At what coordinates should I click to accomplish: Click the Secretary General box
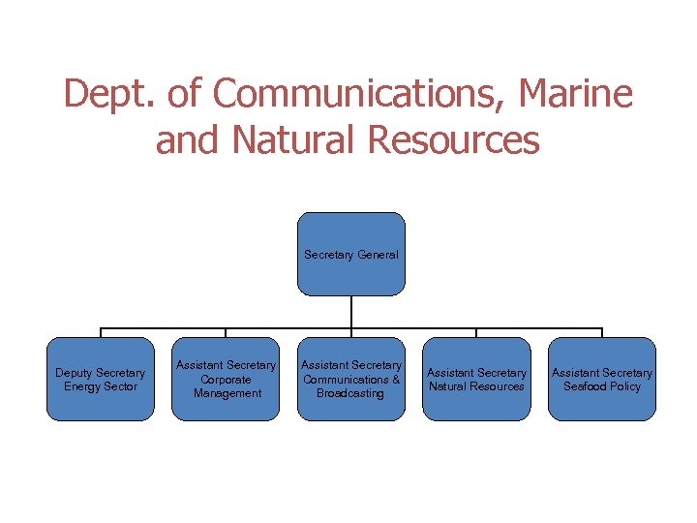(x=350, y=254)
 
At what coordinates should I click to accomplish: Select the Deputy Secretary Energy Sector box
(x=100, y=379)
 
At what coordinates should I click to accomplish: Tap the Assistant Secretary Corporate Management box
(x=226, y=379)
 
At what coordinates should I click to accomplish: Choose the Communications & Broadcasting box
(x=350, y=379)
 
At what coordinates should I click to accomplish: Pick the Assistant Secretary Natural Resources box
(x=476, y=379)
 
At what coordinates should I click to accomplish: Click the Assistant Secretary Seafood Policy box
(x=601, y=379)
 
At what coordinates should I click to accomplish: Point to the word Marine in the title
(x=576, y=95)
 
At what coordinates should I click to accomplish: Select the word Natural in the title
(x=295, y=140)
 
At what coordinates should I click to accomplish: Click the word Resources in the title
(x=454, y=140)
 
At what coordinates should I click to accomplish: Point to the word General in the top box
(x=378, y=255)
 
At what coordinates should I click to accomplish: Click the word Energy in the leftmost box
(x=81, y=386)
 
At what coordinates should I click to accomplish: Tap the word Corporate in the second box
(x=227, y=380)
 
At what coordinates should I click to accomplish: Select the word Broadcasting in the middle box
(x=350, y=393)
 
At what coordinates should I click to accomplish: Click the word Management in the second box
(x=227, y=393)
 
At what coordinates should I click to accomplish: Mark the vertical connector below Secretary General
(x=350, y=312)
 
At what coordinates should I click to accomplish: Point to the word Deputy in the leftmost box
(x=75, y=373)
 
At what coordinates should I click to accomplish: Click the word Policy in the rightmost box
(x=625, y=386)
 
